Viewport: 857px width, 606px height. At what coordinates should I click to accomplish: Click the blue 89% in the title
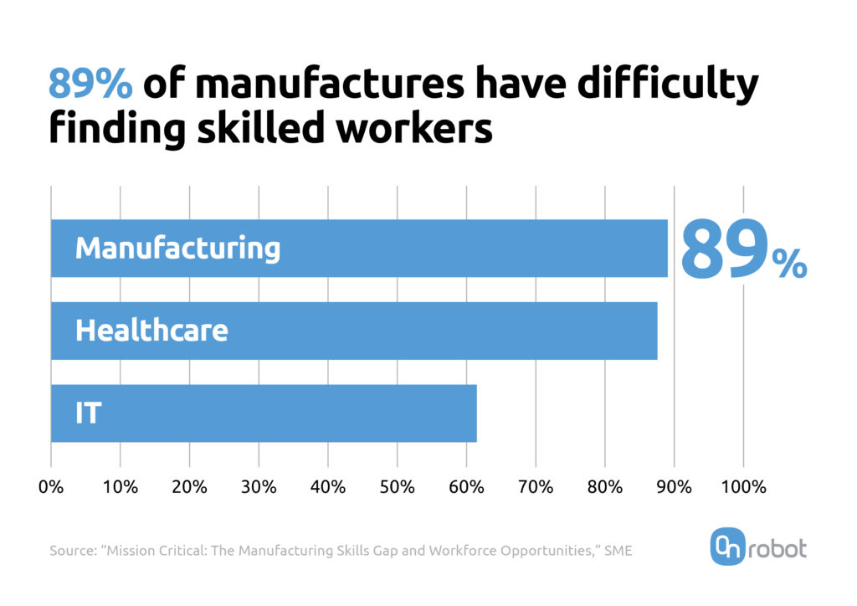point(90,85)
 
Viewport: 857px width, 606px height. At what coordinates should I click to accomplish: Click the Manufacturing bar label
point(177,249)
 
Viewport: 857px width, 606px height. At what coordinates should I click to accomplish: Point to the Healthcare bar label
point(151,331)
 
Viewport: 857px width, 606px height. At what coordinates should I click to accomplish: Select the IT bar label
point(88,413)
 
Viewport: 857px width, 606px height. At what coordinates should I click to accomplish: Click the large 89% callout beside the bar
point(742,249)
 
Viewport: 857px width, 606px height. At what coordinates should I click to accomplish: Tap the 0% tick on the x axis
point(51,486)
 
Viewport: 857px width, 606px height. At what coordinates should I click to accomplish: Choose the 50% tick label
point(397,486)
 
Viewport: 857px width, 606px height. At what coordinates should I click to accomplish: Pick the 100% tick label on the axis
point(742,486)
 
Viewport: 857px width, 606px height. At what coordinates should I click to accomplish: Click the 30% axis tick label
point(259,486)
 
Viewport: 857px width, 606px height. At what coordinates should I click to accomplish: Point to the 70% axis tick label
point(536,486)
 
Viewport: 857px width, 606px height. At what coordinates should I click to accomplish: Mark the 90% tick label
point(674,486)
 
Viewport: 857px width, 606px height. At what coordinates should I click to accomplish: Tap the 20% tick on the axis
point(190,486)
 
